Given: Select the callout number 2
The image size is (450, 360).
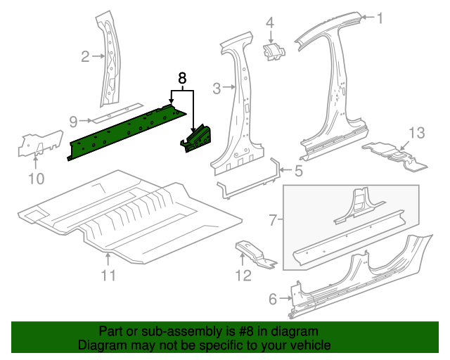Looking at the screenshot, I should click(x=85, y=57).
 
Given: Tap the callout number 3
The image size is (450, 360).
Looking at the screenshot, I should click(x=217, y=88).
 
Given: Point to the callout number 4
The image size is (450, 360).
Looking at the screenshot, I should click(x=269, y=23).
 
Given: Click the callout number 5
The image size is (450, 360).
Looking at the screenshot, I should click(x=298, y=170).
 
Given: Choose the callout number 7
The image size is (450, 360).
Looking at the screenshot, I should click(x=274, y=221).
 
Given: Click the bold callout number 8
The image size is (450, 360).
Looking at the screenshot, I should click(x=182, y=79).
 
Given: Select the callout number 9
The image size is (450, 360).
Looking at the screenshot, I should click(x=73, y=121).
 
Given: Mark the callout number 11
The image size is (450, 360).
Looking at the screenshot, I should click(x=106, y=275).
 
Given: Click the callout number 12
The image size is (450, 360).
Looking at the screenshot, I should click(x=243, y=275).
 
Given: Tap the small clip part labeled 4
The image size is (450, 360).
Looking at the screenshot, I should click(x=273, y=51).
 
